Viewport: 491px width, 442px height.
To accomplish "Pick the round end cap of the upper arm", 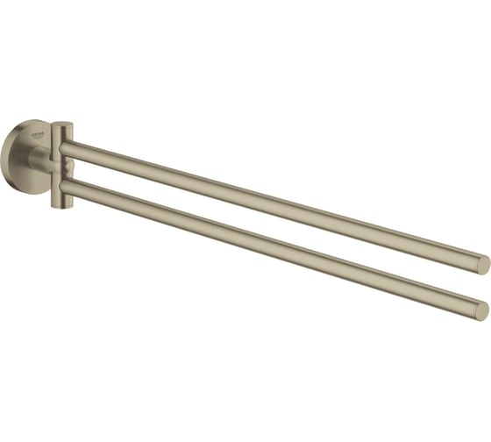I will [482, 265].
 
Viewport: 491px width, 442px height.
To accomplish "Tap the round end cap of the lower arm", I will [480, 310].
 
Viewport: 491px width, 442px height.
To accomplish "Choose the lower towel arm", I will [263, 246].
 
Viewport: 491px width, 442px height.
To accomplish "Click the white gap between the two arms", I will [263, 225].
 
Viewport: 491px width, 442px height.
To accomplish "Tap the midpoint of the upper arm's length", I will [274, 205].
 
